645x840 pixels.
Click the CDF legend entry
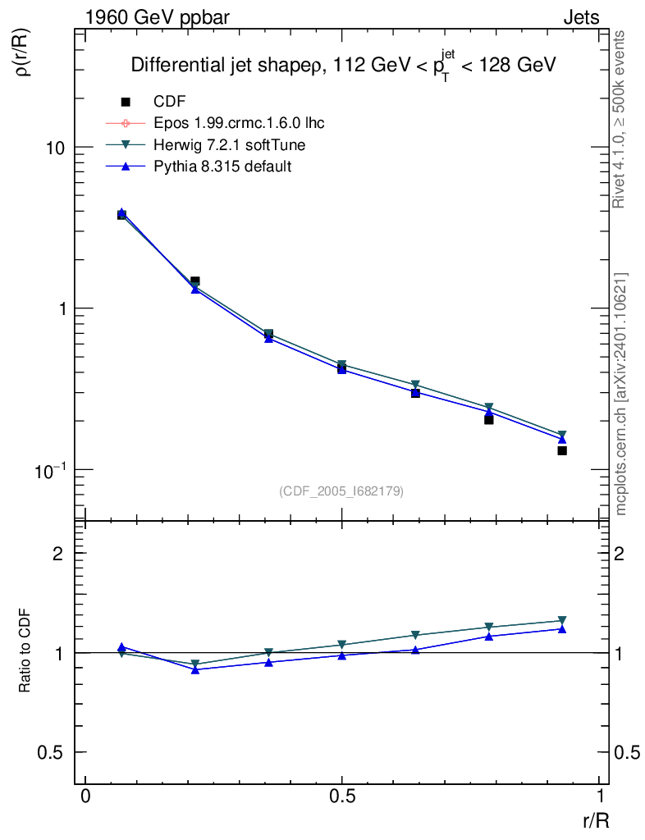[170, 102]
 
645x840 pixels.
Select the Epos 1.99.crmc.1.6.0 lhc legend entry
[239, 123]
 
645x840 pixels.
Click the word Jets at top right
[581, 17]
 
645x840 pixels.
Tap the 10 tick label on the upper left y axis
[56, 148]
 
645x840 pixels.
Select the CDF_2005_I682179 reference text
[341, 491]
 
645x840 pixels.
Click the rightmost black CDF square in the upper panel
[562, 450]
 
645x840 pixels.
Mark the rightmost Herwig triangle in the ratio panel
[562, 621]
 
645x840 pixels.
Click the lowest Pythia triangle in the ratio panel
[195, 669]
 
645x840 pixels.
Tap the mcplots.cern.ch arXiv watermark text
[621, 394]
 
